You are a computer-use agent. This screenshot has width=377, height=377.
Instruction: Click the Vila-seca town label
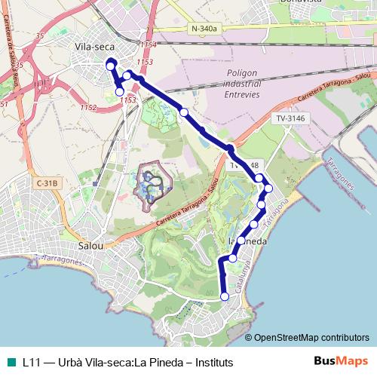point(94,46)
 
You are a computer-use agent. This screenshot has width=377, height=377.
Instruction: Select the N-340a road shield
point(204,29)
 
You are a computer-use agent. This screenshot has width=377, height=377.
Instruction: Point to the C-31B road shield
point(46,182)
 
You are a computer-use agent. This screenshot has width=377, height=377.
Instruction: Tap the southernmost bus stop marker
point(224,297)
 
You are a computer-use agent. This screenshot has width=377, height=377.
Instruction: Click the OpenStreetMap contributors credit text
point(311,338)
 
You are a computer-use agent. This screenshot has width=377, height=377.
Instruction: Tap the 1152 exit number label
point(88,108)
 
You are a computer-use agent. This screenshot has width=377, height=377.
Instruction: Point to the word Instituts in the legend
point(212,362)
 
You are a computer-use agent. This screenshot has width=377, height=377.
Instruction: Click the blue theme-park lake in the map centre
point(152,183)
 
